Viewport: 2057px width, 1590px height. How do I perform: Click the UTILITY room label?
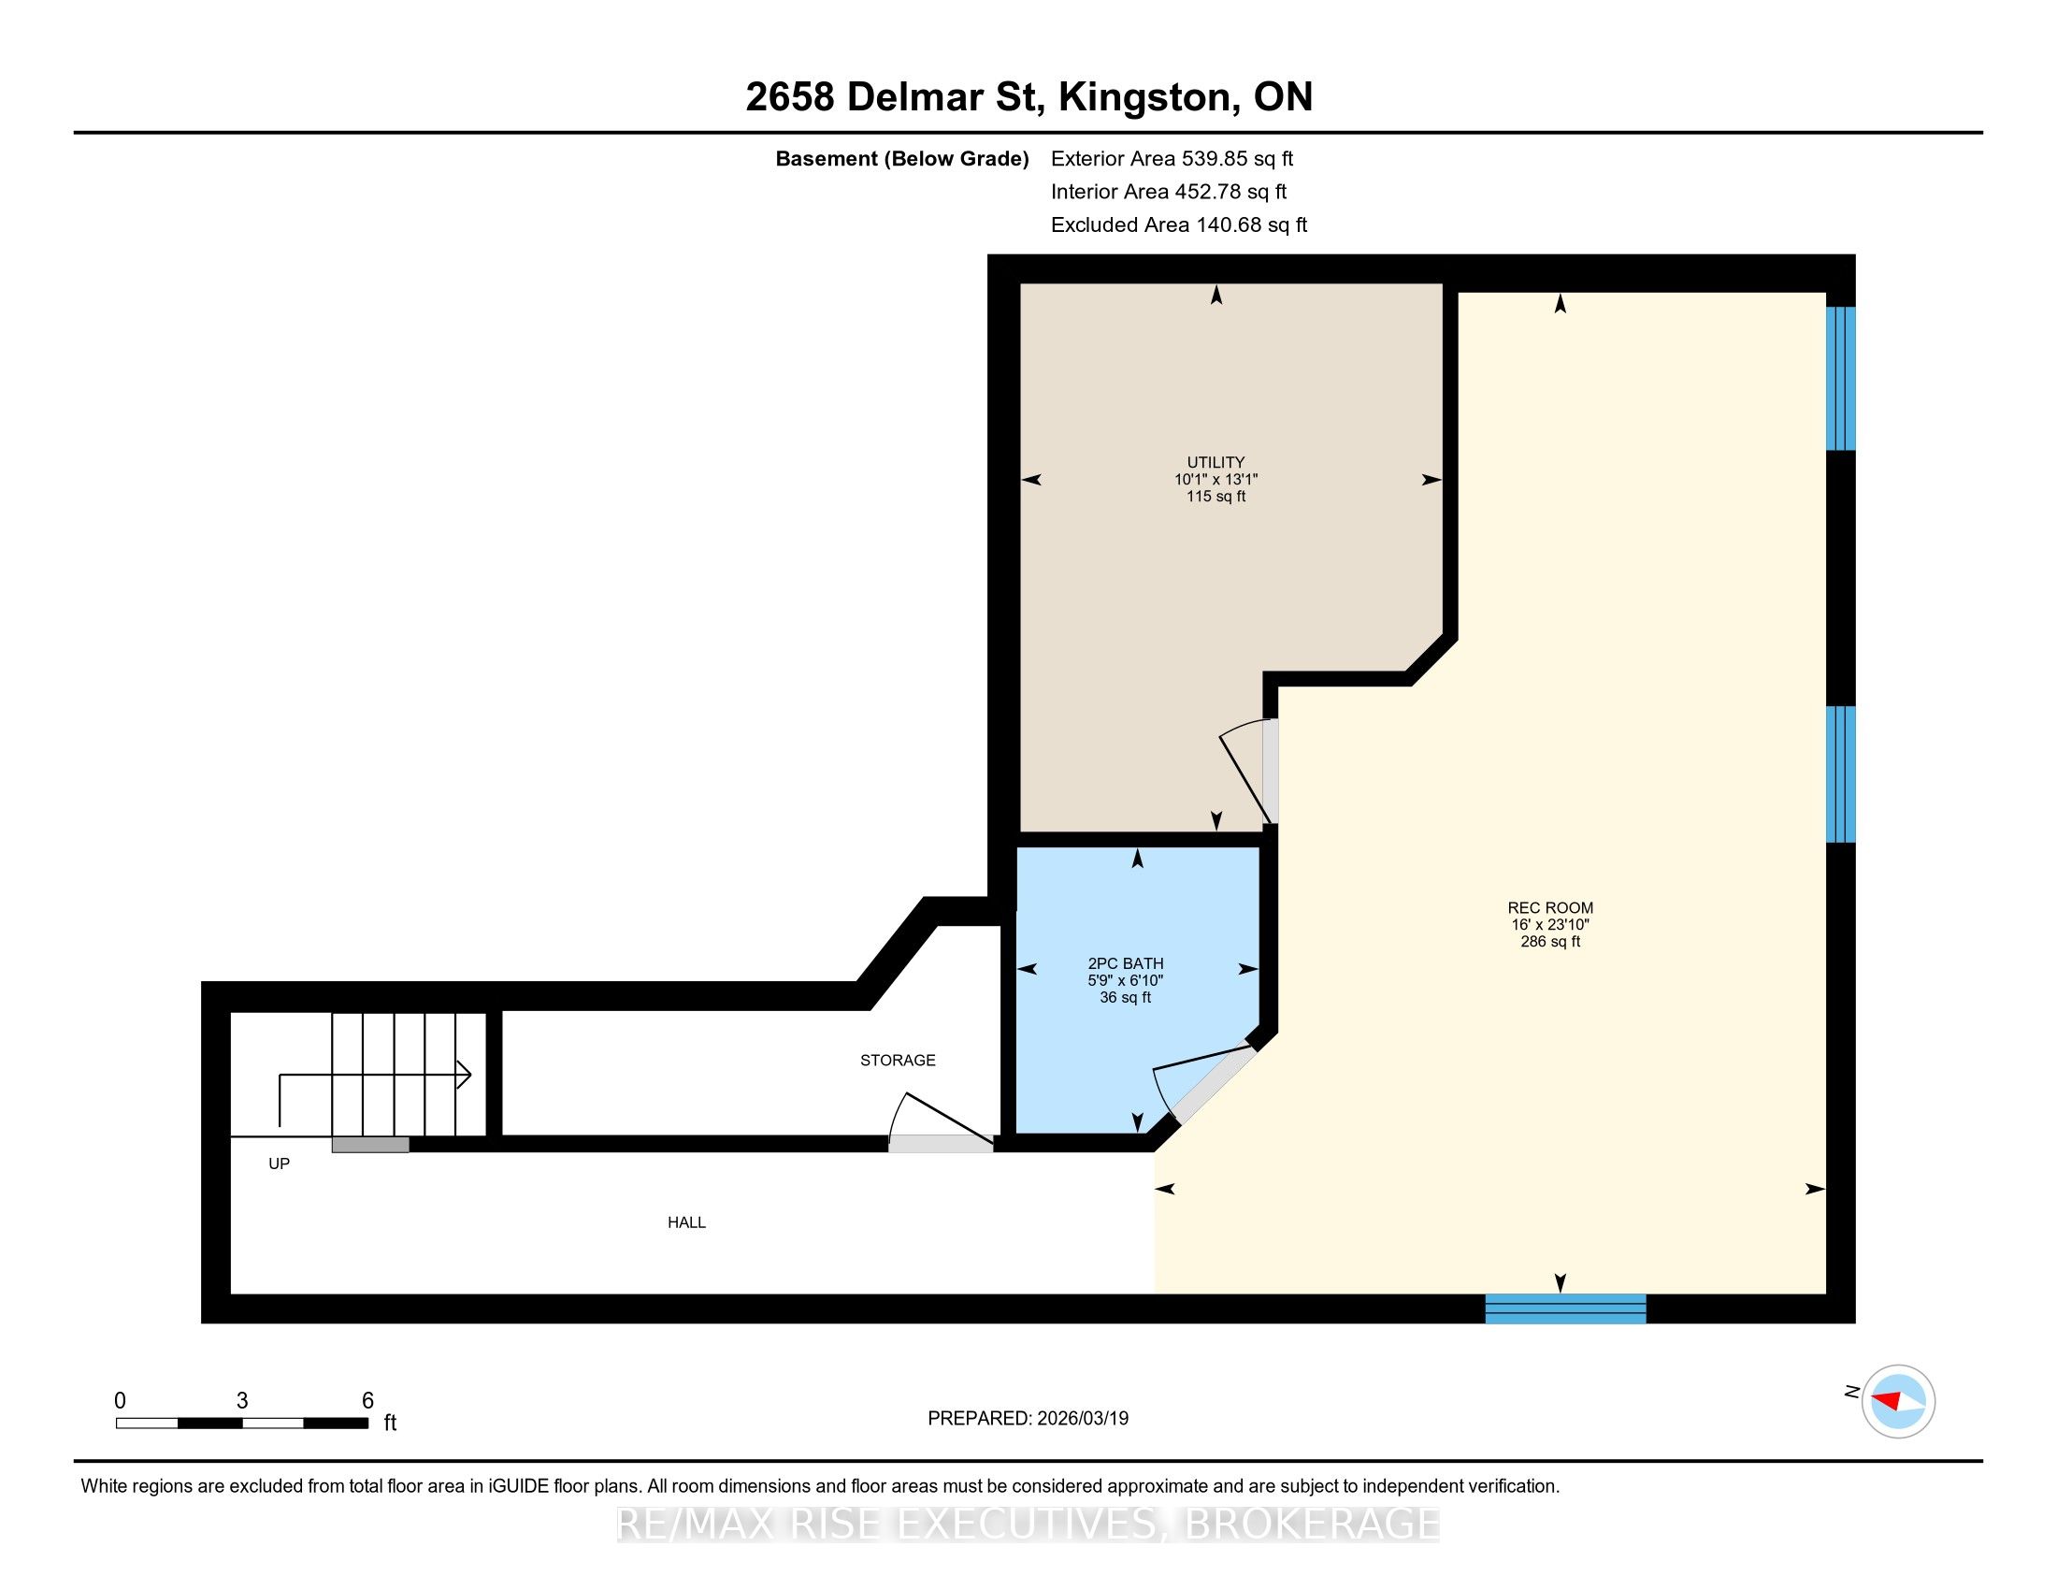pos(1215,462)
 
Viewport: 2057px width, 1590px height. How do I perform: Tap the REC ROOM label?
pos(1550,908)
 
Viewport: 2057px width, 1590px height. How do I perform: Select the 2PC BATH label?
pos(1126,963)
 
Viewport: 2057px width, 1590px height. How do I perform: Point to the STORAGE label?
pos(898,1061)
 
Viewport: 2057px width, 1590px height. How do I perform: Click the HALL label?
pos(686,1222)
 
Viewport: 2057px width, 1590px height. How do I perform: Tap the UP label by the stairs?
pos(279,1164)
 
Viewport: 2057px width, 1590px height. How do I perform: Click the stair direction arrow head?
pos(465,1075)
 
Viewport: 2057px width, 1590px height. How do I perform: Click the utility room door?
pos(1250,772)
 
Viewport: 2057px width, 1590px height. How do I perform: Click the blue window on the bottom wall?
pos(1565,1308)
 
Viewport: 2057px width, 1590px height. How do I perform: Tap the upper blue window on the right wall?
pos(1840,379)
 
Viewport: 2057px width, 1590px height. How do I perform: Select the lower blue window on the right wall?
pos(1840,774)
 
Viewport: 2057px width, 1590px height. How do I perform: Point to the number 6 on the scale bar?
pos(368,1401)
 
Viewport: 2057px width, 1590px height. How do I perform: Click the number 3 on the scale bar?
pos(242,1401)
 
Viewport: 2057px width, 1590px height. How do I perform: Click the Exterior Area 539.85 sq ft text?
pos(1172,159)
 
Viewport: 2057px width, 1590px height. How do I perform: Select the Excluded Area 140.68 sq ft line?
pos(1179,225)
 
